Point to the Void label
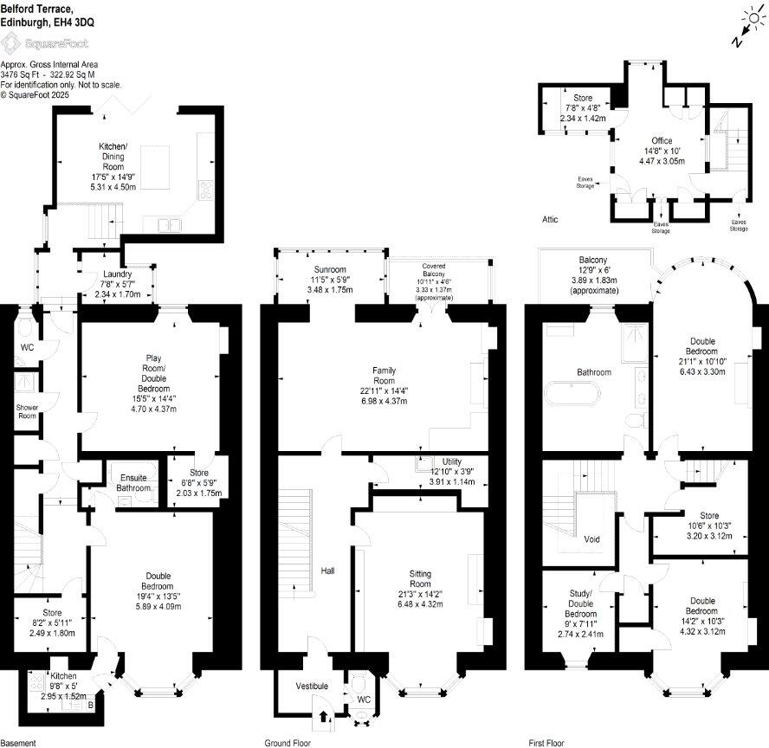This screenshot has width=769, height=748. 592,538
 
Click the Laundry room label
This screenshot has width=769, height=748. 116,275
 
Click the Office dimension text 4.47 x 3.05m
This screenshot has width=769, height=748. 662,160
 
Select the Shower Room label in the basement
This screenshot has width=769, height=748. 27,411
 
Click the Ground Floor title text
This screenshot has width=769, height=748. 288,742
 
